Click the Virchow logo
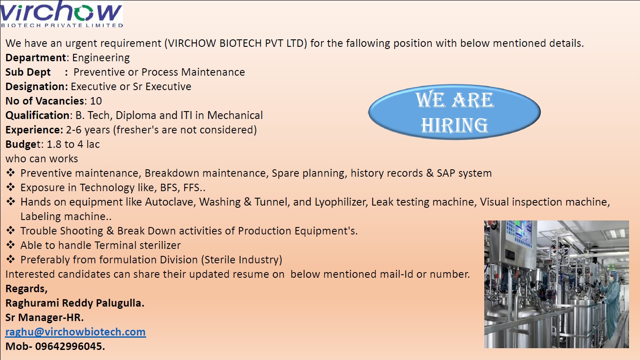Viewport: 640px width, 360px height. coord(62,14)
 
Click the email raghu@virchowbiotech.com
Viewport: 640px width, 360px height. coord(75,332)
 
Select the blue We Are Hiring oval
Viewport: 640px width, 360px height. coord(454,112)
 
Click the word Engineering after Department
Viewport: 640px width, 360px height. coord(101,58)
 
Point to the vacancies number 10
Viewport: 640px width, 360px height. coord(96,101)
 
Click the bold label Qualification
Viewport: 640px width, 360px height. coord(38,115)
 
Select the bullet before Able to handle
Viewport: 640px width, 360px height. coord(10,245)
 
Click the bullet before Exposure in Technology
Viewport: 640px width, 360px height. coord(10,187)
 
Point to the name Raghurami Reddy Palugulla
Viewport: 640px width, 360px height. coord(75,303)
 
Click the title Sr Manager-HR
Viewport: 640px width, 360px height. coord(44,318)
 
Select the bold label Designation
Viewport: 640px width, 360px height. coord(36,87)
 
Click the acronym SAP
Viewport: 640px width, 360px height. coord(446,173)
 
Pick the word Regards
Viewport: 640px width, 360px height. coord(26,289)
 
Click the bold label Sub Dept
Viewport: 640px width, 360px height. coord(28,72)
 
